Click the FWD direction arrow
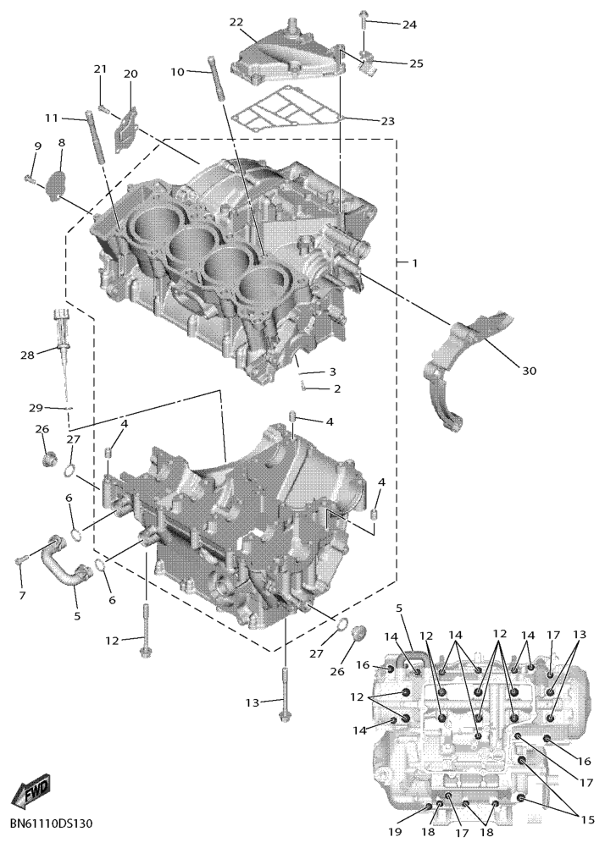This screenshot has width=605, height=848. pos(32,790)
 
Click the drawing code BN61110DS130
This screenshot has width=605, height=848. pos(52,823)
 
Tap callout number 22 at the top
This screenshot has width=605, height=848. pos(236,22)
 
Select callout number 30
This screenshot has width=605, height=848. pos(529,371)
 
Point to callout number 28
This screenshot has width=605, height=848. pos(28,355)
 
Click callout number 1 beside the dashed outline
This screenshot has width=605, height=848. pos(415,263)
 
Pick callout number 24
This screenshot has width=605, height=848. pos(409,25)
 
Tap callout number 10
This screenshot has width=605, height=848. pos(178,71)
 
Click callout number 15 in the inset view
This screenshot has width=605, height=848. pos(587,820)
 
